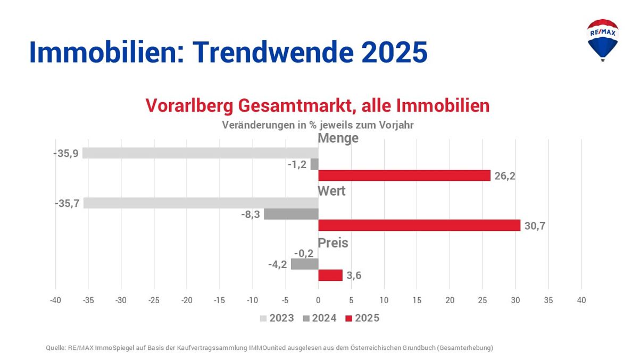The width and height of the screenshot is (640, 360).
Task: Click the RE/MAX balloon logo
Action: [602, 39]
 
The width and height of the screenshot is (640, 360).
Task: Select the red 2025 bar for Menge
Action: [404, 175]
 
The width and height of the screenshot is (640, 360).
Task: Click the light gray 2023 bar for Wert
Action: [201, 203]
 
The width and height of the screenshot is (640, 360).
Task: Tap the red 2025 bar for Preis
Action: [330, 275]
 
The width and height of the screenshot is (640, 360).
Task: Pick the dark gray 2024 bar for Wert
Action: [291, 214]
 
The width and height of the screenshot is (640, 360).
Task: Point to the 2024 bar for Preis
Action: [304, 264]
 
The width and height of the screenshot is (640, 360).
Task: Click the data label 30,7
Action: [535, 226]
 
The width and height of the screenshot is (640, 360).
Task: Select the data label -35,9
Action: [66, 153]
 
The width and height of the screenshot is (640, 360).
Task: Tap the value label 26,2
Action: [505, 176]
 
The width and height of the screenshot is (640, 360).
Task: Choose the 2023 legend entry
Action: [276, 319]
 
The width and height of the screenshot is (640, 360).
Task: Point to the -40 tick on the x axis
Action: [55, 300]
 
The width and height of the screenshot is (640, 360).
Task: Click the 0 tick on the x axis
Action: [318, 300]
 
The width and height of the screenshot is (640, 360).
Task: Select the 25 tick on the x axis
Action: [483, 300]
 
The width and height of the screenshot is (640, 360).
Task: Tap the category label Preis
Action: [333, 243]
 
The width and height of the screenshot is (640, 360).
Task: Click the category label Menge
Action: [338, 138]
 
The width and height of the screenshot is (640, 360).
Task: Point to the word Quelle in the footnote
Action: [56, 348]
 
